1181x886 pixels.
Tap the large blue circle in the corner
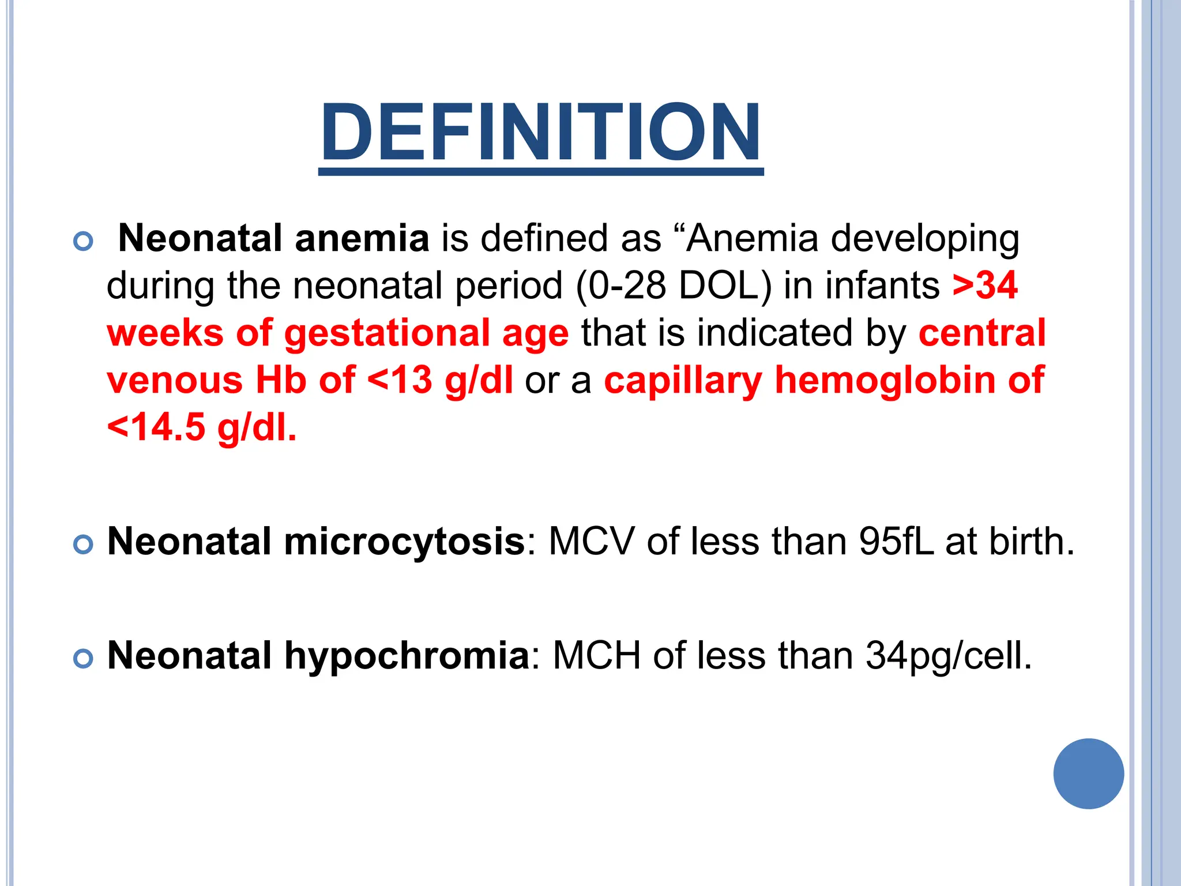tap(1088, 774)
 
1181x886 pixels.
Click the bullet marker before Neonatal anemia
tap(84, 241)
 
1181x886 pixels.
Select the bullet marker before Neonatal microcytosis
tap(84, 544)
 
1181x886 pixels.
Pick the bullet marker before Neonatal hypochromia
tap(84, 658)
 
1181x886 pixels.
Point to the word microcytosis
tap(404, 542)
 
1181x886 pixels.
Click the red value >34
tap(985, 286)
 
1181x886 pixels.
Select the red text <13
tap(399, 380)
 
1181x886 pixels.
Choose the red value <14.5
tap(156, 427)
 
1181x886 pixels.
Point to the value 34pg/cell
tap(949, 656)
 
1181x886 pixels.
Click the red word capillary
tap(683, 381)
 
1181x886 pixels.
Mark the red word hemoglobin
tap(885, 381)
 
